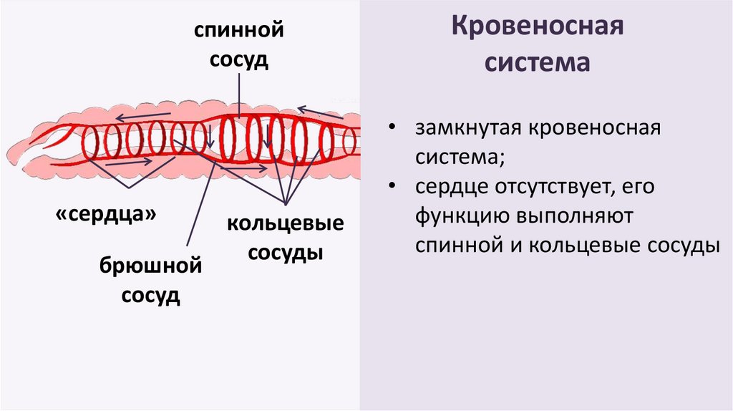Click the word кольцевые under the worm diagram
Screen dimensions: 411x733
coord(286,223)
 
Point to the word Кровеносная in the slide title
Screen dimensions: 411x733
coord(538,29)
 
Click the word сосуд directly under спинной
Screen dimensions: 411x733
coord(238,59)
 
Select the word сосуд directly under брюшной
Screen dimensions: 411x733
coord(150,296)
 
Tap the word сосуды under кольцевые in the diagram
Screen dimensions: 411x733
coord(286,253)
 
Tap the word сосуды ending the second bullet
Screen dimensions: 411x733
coord(681,244)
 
